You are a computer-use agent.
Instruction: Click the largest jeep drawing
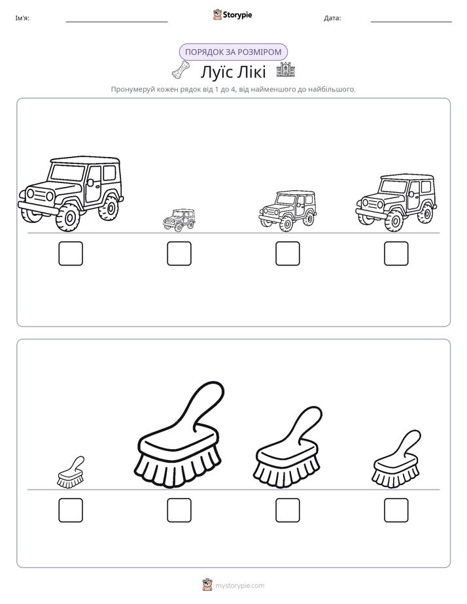(71, 193)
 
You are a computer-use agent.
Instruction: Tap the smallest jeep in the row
(179, 220)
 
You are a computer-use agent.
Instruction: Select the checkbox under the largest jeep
(71, 254)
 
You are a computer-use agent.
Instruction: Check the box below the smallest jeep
(179, 254)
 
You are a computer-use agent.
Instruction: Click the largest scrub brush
(179, 435)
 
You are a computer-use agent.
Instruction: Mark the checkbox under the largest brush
(179, 510)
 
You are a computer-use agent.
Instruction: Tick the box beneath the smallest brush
(71, 510)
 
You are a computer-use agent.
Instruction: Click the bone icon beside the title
(181, 69)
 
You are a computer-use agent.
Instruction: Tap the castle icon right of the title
(286, 70)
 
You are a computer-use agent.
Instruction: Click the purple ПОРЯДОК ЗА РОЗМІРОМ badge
(233, 52)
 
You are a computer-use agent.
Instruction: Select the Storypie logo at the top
(232, 14)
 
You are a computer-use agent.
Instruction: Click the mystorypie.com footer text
(239, 586)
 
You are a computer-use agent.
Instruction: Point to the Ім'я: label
(22, 18)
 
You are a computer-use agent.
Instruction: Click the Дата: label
(332, 18)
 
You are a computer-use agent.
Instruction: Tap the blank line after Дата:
(411, 22)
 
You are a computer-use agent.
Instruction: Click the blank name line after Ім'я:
(116, 22)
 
